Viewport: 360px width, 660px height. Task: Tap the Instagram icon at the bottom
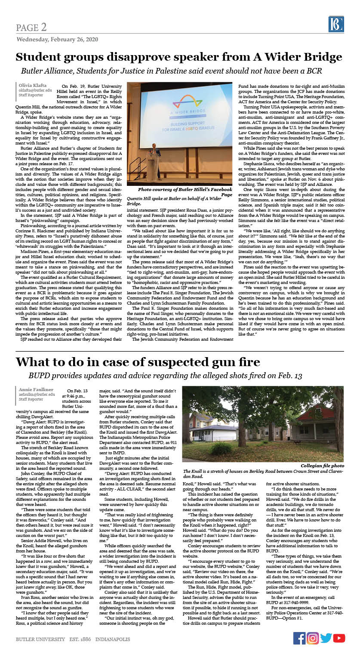click(313, 638)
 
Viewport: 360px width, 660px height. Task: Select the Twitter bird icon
click(326, 638)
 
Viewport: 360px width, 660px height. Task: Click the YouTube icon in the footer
click(339, 638)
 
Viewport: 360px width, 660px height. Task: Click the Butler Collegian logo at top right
click(336, 25)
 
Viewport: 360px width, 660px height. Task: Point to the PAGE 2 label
click(31, 28)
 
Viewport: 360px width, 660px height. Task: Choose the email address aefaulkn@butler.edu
click(37, 395)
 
